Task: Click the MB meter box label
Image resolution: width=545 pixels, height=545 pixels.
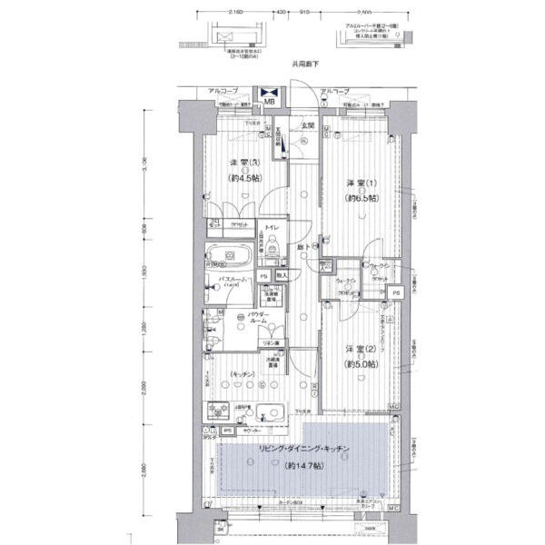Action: click(269, 102)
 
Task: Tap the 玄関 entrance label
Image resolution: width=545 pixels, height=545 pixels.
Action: click(308, 126)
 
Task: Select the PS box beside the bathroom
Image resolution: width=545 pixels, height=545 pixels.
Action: click(263, 275)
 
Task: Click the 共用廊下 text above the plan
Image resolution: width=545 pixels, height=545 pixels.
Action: click(305, 64)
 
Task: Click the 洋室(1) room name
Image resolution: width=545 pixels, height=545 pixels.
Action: click(354, 183)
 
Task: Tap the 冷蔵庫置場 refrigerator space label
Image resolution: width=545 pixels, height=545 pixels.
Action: click(273, 360)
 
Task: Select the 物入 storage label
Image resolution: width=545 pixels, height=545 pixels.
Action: click(282, 275)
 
